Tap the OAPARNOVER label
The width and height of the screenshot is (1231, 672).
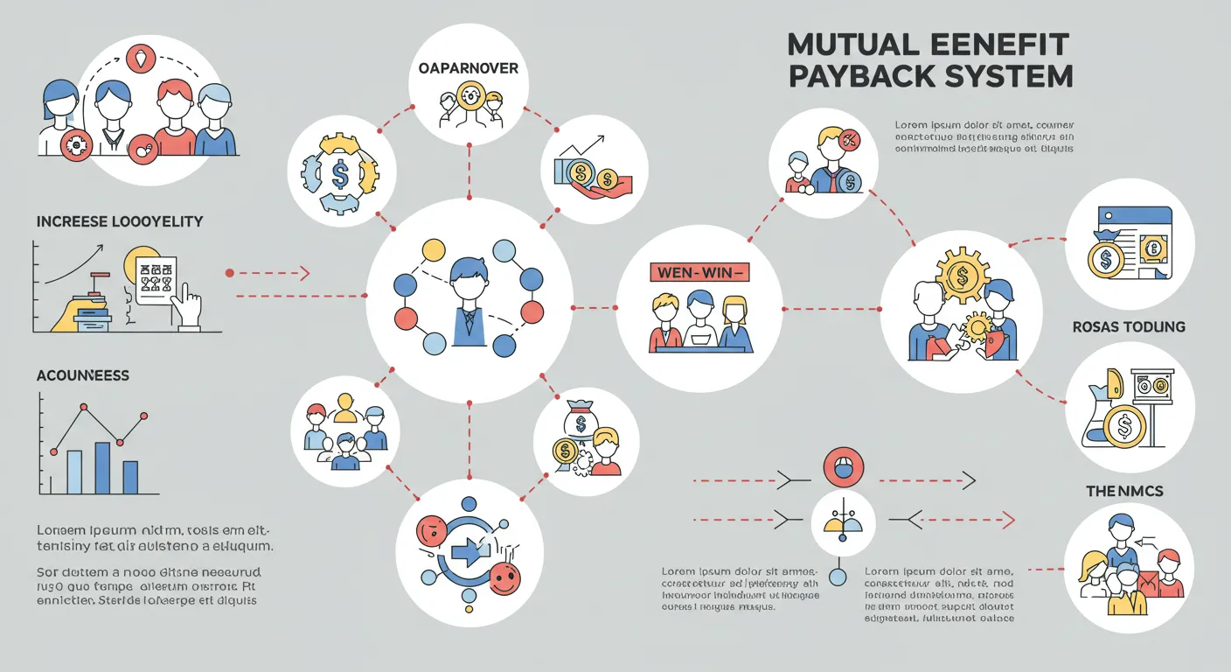pyautogui.click(x=469, y=68)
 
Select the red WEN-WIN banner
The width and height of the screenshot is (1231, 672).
pyautogui.click(x=699, y=273)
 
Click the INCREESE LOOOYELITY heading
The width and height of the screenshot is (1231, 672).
pyautogui.click(x=120, y=222)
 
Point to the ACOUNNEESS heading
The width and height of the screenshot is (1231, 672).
pyautogui.click(x=83, y=375)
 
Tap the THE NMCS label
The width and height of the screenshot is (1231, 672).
pyautogui.click(x=1124, y=492)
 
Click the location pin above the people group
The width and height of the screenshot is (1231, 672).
pyautogui.click(x=140, y=59)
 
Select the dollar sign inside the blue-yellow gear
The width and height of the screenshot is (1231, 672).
pyautogui.click(x=340, y=172)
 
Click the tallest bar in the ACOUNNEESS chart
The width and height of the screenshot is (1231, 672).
pyautogui.click(x=102, y=468)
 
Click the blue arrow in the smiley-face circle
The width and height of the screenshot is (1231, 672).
pyautogui.click(x=469, y=551)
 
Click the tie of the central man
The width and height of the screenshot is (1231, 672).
pyautogui.click(x=468, y=323)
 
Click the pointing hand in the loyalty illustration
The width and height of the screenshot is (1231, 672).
pyautogui.click(x=187, y=305)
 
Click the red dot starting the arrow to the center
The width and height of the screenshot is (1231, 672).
pyautogui.click(x=230, y=274)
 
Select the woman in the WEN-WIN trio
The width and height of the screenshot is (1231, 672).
pyautogui.click(x=734, y=321)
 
